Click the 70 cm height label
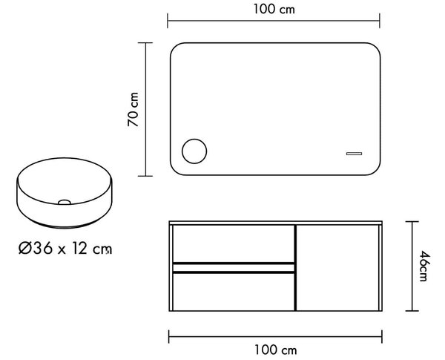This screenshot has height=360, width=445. [133, 109]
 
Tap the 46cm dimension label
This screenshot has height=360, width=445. [425, 266]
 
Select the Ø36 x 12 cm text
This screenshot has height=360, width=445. [65, 248]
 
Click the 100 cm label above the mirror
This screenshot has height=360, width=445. [274, 9]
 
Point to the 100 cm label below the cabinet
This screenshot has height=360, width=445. [275, 350]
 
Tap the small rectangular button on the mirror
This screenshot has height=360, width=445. [354, 154]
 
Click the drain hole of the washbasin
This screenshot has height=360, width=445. [64, 202]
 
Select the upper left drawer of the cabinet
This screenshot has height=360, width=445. [234, 243]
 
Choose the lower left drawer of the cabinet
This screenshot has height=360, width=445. [234, 292]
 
